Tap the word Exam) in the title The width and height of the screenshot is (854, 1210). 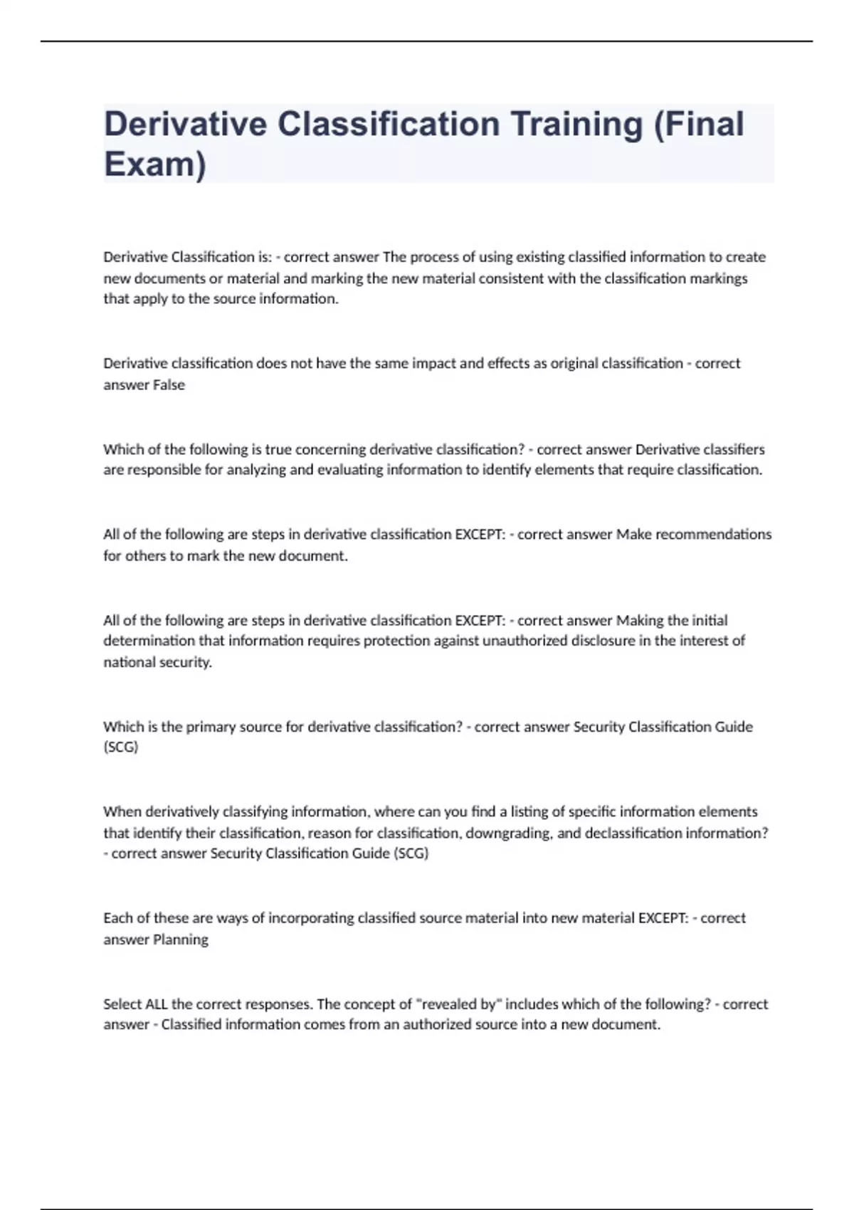click(x=155, y=164)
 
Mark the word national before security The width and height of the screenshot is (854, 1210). click(x=128, y=663)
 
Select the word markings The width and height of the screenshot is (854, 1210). click(x=718, y=278)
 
